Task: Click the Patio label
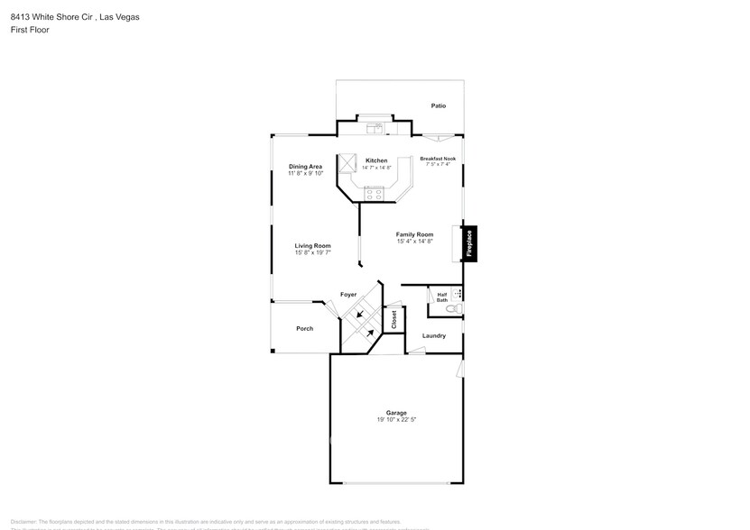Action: pos(438,105)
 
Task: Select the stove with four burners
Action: pos(374,193)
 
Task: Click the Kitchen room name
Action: pos(375,160)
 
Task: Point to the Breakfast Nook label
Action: pos(438,159)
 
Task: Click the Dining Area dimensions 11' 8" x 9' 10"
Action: pos(305,173)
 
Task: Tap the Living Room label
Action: pos(312,245)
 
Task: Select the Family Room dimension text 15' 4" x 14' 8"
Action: pos(414,242)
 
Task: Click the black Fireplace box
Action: pos(469,243)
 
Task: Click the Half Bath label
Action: pos(442,297)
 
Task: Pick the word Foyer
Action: pos(347,295)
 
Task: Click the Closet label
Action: pos(394,319)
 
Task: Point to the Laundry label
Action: pos(434,336)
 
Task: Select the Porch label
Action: pos(305,328)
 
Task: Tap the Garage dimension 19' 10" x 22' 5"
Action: pos(396,419)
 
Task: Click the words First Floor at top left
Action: pos(31,30)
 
